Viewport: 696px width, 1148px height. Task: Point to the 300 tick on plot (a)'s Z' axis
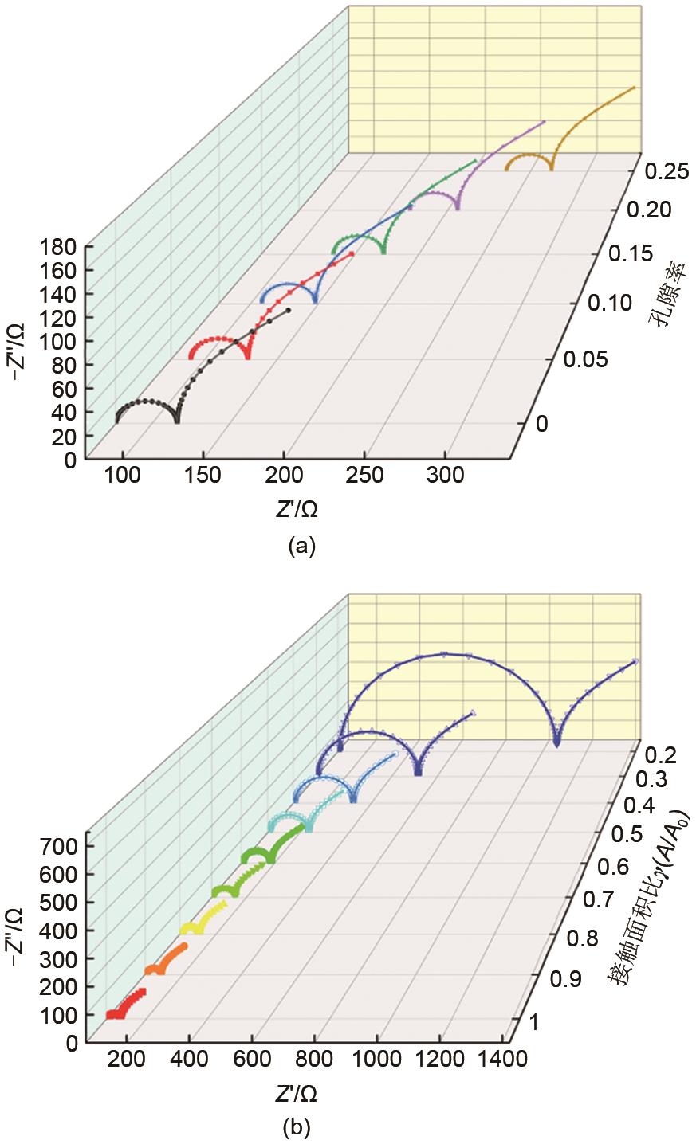[x=446, y=476]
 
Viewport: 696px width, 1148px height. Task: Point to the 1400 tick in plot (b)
[x=501, y=1059]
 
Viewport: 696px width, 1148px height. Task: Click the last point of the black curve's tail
[x=289, y=310]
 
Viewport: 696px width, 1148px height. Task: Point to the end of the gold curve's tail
[x=635, y=87]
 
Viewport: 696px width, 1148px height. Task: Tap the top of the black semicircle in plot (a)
[x=140, y=400]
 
